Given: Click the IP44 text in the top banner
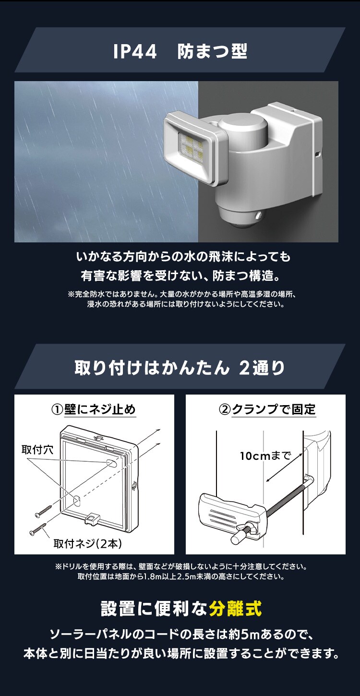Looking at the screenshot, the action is point(135,51).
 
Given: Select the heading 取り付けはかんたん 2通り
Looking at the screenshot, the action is point(180,368).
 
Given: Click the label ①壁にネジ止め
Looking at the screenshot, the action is point(94,409).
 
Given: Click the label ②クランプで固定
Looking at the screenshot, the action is point(267,409).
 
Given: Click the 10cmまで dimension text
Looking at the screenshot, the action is point(265,456).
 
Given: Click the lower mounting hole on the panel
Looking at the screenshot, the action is point(76,500).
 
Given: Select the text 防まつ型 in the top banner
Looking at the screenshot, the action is point(212,51).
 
